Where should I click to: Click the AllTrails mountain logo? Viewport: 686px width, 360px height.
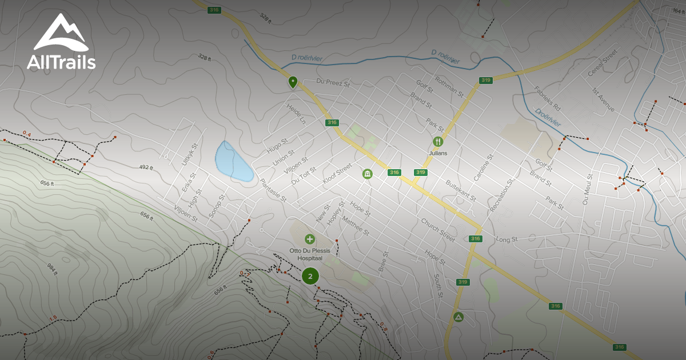(x=61, y=33)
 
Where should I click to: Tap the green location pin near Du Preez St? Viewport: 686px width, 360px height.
(x=293, y=82)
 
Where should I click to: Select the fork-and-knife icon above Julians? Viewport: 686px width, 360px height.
(x=438, y=141)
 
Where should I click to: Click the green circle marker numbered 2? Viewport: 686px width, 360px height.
(x=310, y=276)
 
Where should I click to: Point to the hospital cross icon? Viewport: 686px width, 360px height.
(x=310, y=239)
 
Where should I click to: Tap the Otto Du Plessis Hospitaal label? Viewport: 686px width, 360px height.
(x=310, y=254)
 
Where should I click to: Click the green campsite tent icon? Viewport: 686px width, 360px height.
(x=458, y=317)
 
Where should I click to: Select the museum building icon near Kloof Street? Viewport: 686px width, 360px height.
(x=367, y=173)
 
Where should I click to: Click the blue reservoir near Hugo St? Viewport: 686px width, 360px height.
(x=233, y=161)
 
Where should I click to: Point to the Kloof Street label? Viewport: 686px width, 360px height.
(x=337, y=174)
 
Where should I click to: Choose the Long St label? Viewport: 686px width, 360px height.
(x=506, y=239)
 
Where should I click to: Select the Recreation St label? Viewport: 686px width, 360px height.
(x=501, y=195)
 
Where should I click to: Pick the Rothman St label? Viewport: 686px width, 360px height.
(x=448, y=87)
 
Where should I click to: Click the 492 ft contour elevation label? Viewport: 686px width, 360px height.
(x=146, y=167)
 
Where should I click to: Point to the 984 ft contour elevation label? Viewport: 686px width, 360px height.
(x=53, y=269)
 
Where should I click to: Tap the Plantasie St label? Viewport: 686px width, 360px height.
(x=273, y=190)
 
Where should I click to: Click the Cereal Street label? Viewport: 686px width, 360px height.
(x=603, y=63)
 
